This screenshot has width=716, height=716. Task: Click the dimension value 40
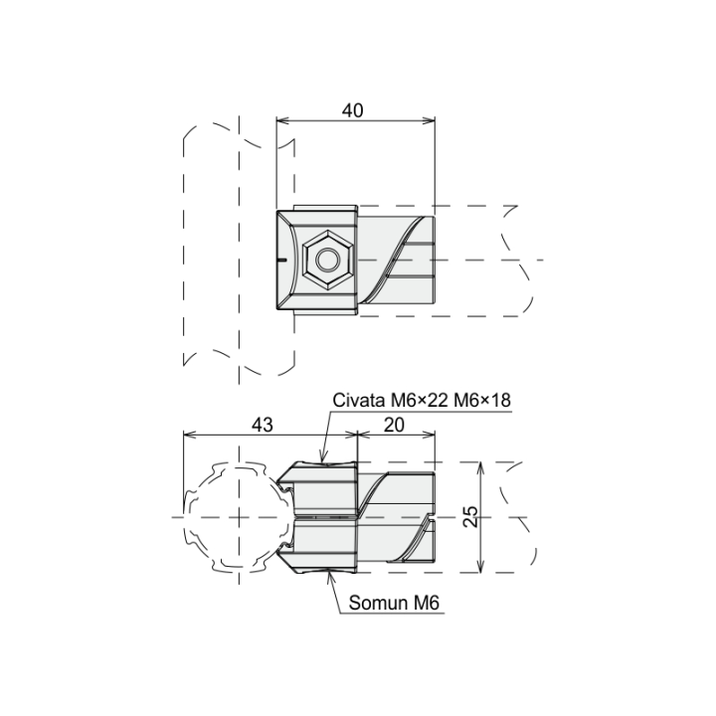tap(352, 110)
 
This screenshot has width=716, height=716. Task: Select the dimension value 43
tap(263, 426)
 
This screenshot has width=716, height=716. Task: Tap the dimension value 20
tap(394, 426)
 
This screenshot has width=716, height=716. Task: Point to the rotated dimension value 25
tap(470, 516)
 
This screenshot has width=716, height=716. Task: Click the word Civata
tap(359, 401)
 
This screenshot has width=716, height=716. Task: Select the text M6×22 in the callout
tap(420, 401)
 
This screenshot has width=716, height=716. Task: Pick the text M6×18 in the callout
tap(482, 401)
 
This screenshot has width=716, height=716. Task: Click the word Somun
tap(379, 603)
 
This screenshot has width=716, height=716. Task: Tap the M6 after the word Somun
tap(427, 603)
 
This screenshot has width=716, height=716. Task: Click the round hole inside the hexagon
tap(327, 261)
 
